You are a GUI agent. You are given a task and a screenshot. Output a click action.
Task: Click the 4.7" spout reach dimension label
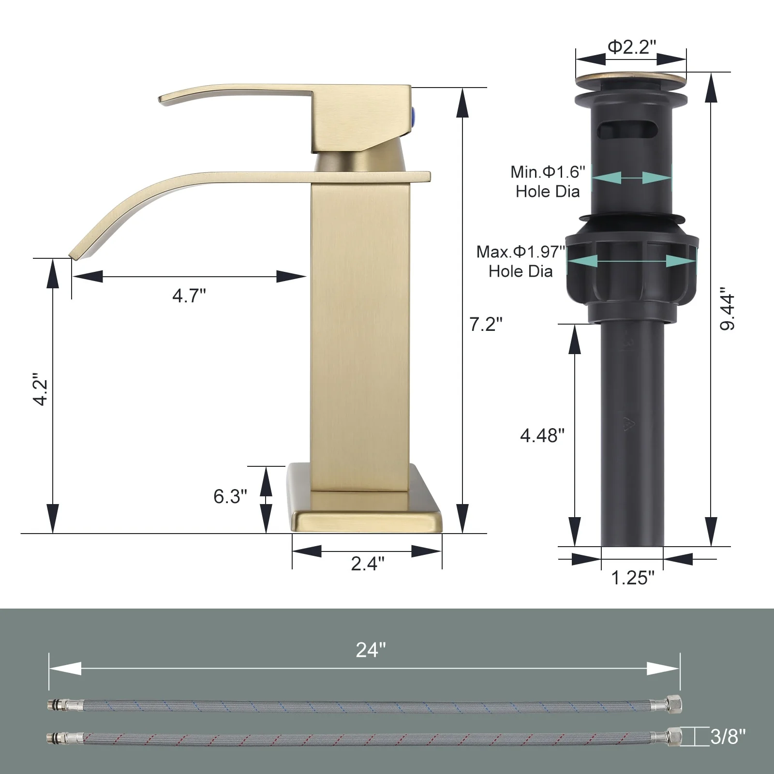(189, 295)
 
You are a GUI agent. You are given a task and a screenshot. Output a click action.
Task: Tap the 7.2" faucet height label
(486, 324)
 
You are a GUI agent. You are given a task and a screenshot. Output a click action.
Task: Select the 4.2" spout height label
(40, 389)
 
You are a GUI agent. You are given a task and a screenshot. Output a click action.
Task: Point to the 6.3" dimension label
(230, 496)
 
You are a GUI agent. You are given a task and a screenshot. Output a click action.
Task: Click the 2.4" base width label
(368, 563)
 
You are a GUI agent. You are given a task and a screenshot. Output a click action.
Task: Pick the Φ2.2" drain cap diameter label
(632, 47)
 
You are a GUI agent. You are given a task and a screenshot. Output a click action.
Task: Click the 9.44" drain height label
(727, 310)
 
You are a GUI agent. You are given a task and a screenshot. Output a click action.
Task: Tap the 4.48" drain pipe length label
(542, 435)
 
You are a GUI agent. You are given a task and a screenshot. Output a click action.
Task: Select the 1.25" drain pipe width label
(633, 578)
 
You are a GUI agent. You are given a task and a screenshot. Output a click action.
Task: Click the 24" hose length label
(371, 650)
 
